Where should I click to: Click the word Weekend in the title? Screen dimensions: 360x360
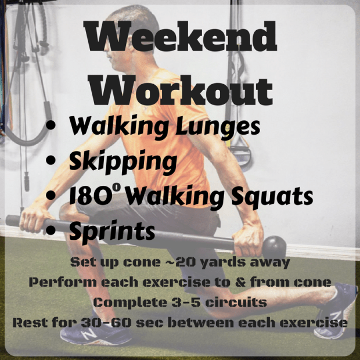pos(181,38)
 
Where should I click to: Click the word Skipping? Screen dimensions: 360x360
pos(123,161)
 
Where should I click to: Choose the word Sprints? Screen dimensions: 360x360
pos(111,231)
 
